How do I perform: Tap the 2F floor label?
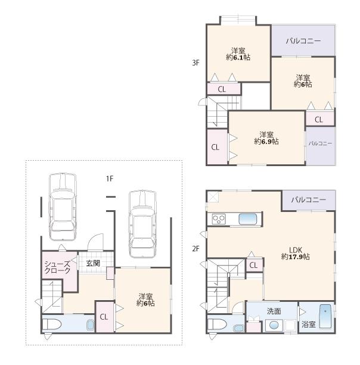[195, 249]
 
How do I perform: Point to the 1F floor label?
[110, 178]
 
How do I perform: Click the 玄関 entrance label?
[92, 263]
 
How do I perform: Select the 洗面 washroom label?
[274, 311]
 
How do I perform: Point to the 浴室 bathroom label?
[308, 325]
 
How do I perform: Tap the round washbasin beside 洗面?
[274, 325]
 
